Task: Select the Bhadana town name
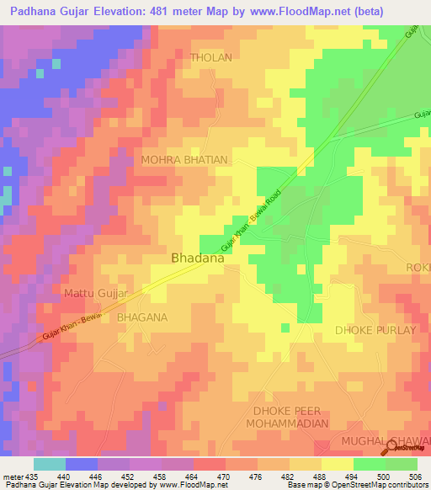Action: [198, 258]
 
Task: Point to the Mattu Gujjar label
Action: [96, 293]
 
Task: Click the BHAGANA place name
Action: [142, 317]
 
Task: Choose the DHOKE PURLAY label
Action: [375, 330]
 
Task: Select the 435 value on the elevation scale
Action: [32, 476]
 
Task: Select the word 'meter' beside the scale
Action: [13, 476]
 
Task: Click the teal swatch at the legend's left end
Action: [49, 464]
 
